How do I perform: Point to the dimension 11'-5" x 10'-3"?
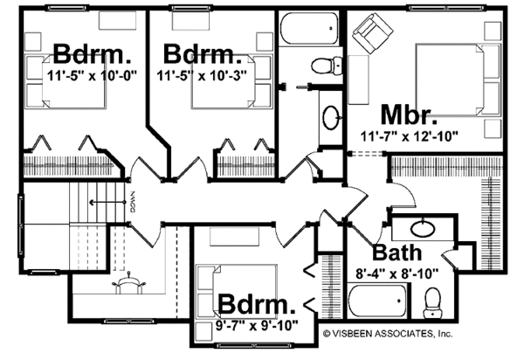200,76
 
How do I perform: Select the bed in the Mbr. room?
455,79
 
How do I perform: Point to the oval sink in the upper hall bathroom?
331,115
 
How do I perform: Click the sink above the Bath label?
419,230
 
